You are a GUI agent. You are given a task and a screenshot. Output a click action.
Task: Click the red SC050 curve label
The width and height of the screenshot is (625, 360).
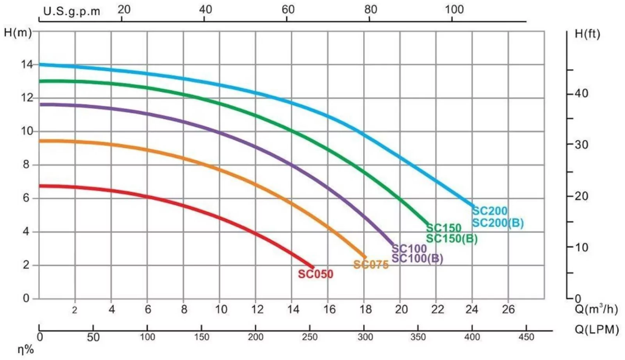coord(315,274)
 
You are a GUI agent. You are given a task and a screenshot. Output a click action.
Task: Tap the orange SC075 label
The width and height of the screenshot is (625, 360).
coord(371,265)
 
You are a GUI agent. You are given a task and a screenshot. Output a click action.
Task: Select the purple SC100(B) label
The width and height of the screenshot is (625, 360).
coord(417,258)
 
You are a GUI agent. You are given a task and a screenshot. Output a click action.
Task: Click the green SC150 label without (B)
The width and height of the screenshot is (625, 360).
coord(443,227)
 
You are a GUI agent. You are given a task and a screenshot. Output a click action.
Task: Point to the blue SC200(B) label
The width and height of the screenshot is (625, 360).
coord(498,223)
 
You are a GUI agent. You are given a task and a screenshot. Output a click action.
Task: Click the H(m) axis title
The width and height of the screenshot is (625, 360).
coord(18,32)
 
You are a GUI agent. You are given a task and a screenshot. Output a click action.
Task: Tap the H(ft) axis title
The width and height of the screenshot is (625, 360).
coord(587,34)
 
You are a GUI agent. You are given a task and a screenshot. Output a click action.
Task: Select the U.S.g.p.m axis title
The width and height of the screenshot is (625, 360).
coord(71,11)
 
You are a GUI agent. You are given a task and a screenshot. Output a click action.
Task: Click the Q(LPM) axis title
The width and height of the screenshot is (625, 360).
coord(596,330)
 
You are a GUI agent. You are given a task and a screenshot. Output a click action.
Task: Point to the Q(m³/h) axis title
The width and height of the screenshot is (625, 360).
coord(596,309)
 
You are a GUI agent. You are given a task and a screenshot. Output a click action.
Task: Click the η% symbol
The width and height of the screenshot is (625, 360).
coord(26,349)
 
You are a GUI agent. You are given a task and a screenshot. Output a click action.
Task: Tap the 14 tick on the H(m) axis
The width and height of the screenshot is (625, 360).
coord(27,64)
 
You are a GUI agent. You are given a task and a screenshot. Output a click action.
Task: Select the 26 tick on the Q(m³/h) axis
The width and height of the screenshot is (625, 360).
coord(508,310)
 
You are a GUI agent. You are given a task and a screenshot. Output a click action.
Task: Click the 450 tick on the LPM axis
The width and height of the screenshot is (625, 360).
coord(526,337)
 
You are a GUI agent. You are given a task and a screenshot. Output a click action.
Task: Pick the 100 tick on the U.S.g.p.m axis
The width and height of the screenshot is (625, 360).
coord(454,9)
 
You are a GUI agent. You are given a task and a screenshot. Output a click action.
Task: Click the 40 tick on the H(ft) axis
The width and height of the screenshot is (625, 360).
coord(581,93)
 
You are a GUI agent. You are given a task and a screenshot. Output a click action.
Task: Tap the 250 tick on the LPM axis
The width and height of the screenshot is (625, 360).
coord(309,337)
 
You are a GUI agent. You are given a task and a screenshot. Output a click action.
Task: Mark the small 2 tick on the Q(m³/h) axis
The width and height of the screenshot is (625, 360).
coord(75,310)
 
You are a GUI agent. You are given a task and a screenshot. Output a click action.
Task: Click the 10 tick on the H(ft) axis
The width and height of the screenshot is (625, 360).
coord(581,247)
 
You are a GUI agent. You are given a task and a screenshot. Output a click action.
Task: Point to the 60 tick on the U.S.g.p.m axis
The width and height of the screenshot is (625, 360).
coord(288,9)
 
